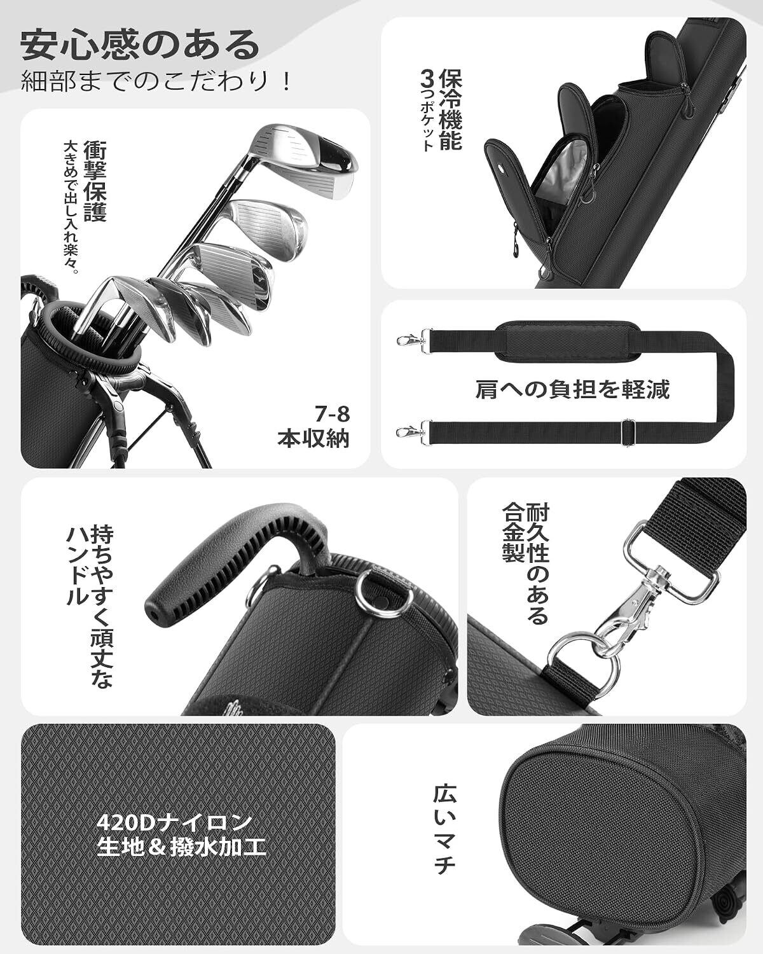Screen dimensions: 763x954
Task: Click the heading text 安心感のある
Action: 140,45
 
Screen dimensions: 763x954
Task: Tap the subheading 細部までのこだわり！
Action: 156,81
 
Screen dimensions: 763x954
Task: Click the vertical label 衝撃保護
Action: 95,181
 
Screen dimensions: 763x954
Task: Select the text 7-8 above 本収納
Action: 333,415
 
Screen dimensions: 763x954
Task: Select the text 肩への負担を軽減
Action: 572,390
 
